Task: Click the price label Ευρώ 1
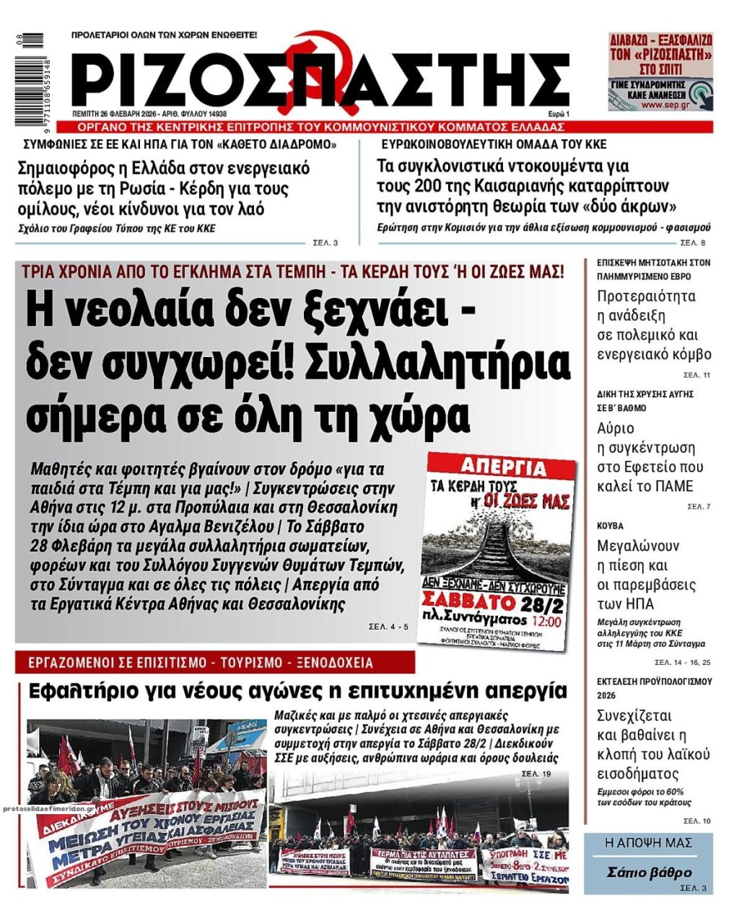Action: click(x=558, y=114)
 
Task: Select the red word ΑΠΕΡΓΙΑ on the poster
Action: click(x=499, y=467)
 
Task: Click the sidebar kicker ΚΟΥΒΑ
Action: click(x=610, y=526)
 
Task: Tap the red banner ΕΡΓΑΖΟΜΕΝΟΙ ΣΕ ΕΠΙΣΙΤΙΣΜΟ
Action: click(x=214, y=662)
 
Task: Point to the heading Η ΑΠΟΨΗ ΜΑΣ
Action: click(x=648, y=842)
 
